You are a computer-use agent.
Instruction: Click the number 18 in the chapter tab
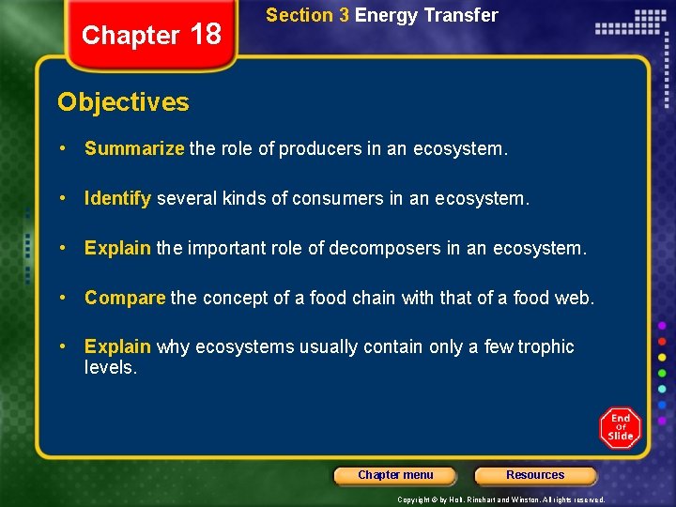[x=205, y=35]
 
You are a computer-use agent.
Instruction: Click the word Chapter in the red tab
[x=131, y=36]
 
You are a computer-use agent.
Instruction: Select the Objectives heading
[x=123, y=102]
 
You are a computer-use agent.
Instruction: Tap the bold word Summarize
[x=134, y=148]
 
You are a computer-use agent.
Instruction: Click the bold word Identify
[x=118, y=198]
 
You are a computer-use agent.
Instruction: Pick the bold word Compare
[x=125, y=298]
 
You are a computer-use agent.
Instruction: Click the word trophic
[x=543, y=346]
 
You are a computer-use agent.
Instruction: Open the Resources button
[x=535, y=475]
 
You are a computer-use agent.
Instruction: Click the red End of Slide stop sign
[x=621, y=427]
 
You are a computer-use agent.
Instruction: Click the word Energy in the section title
[x=388, y=15]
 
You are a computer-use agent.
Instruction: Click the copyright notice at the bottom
[x=500, y=499]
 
